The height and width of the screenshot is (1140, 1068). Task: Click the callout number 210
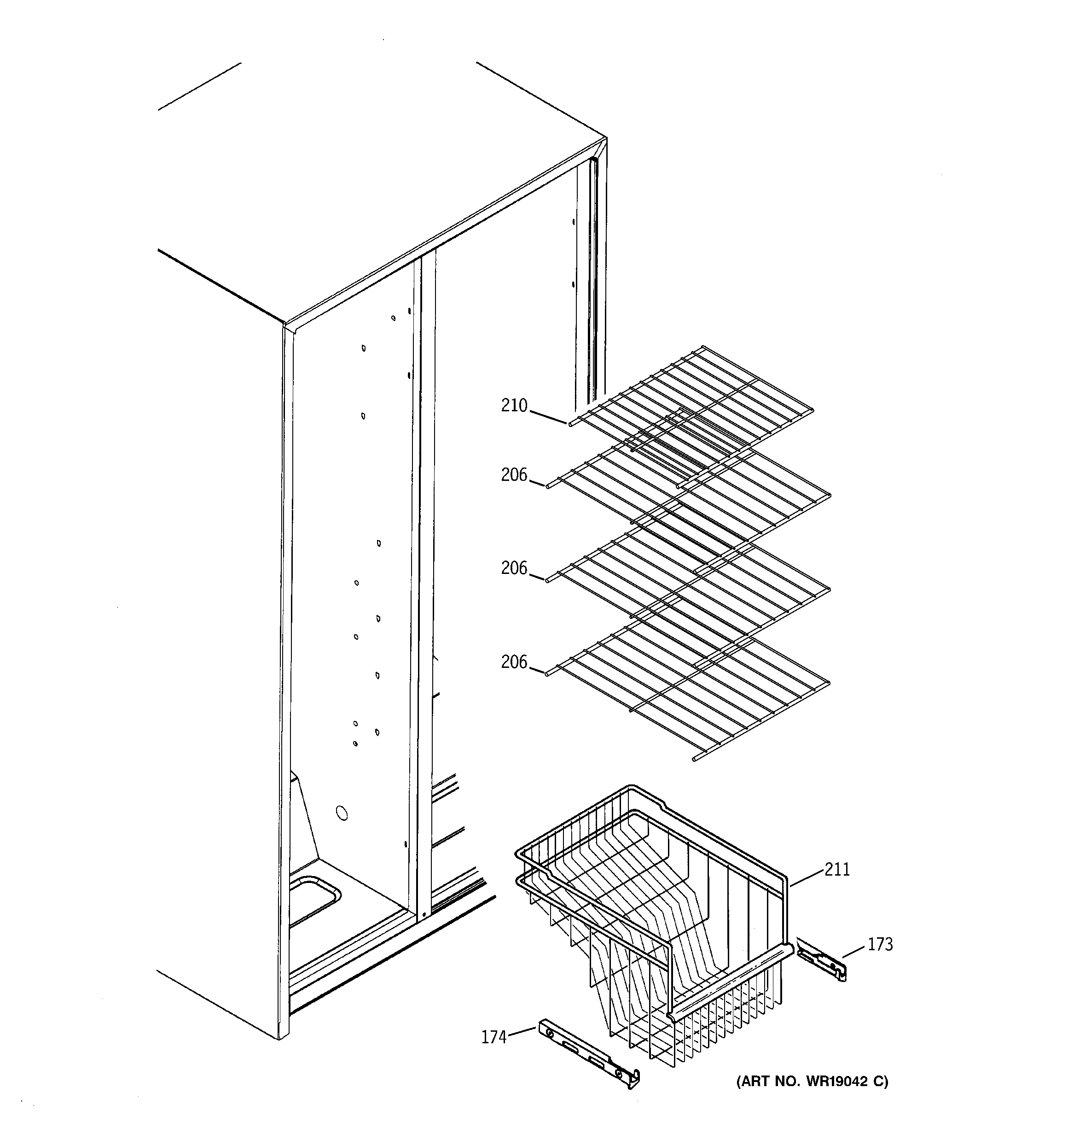[514, 406]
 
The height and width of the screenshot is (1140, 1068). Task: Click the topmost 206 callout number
[514, 475]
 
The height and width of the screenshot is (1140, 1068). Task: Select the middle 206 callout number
[514, 568]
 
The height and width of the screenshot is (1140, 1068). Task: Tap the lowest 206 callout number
[514, 662]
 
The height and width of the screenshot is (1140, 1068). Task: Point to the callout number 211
[837, 870]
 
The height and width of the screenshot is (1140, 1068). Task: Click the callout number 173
[880, 944]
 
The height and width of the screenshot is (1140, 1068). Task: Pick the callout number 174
[493, 1037]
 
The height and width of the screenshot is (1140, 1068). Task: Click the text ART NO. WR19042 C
[812, 1082]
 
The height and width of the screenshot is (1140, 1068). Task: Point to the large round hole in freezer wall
[341, 813]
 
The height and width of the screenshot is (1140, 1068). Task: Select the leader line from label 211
[807, 878]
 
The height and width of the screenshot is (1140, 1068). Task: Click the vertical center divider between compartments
[425, 573]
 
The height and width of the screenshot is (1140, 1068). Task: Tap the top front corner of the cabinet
[285, 325]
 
